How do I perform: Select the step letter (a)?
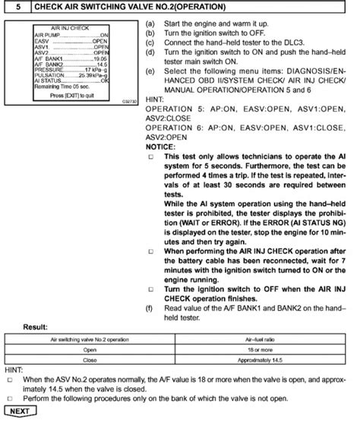150,25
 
